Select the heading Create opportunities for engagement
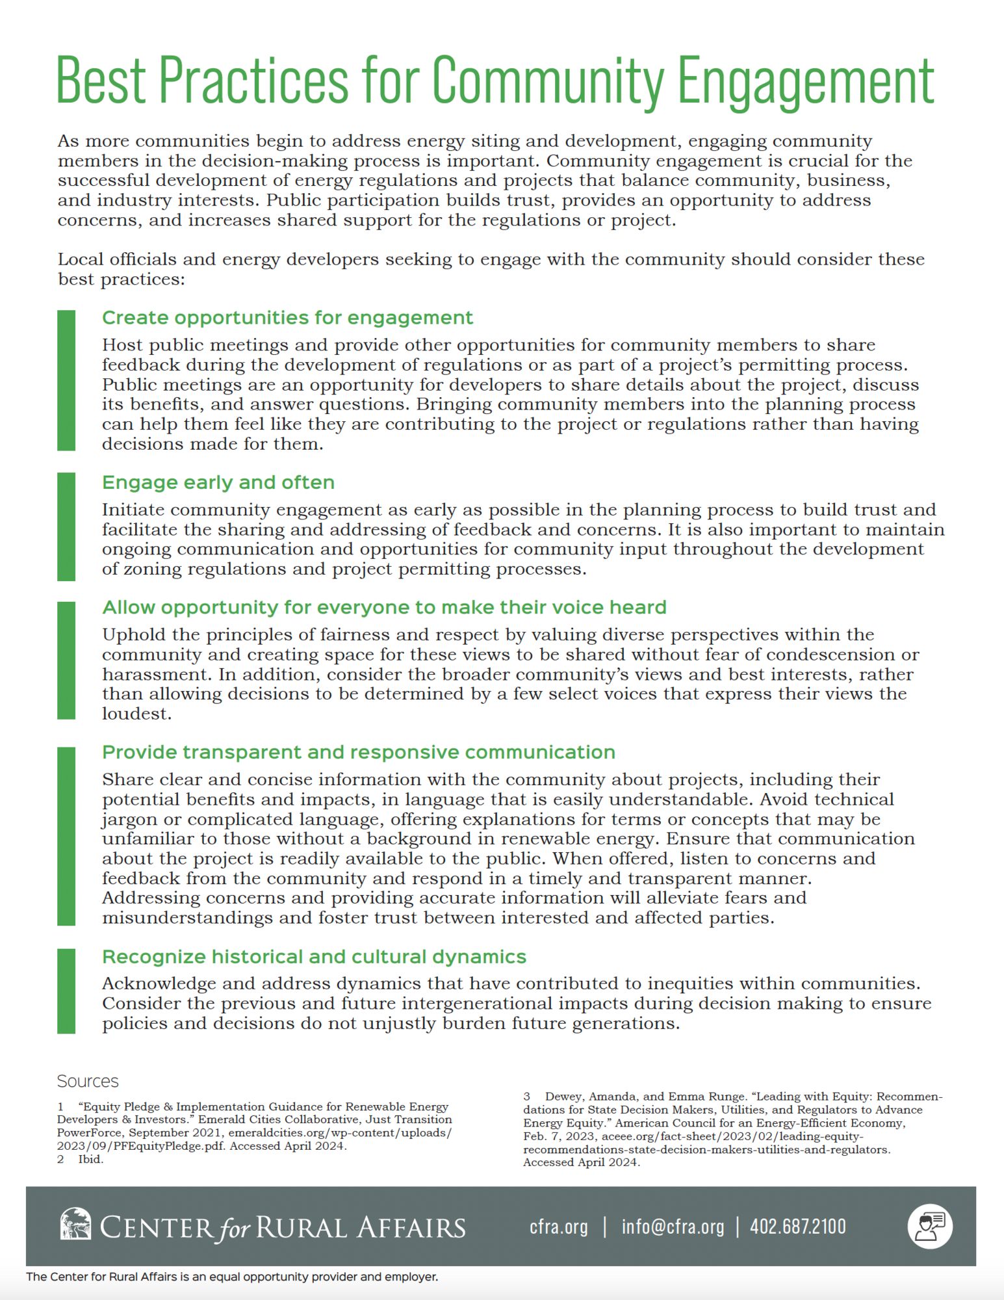(x=287, y=318)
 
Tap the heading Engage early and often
(x=218, y=482)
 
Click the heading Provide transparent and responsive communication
(x=358, y=752)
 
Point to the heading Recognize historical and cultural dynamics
(x=314, y=957)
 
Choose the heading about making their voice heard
(x=384, y=607)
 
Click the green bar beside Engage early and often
(x=66, y=526)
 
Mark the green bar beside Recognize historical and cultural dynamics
(x=66, y=991)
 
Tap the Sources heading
(x=88, y=1081)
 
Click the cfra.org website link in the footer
(x=558, y=1227)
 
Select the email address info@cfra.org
(x=673, y=1227)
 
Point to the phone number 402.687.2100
(x=798, y=1227)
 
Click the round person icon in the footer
(x=930, y=1226)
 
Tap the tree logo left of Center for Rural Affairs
(x=75, y=1225)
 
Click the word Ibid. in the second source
(x=90, y=1159)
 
